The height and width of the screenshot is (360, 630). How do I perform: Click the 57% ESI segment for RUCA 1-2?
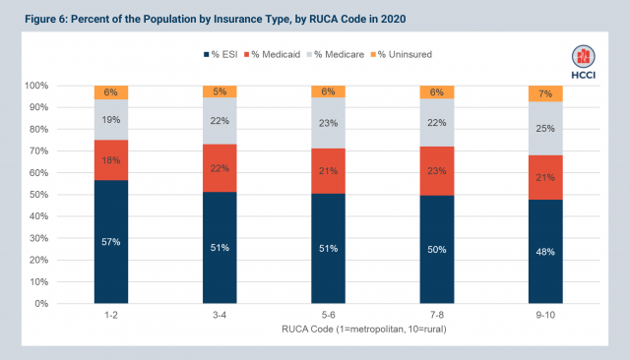click(111, 241)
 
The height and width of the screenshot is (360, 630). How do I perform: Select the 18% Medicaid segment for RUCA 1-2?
click(111, 160)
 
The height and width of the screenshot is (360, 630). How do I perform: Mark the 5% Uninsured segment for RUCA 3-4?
click(221, 91)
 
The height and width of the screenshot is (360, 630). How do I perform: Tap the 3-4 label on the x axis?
click(221, 315)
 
